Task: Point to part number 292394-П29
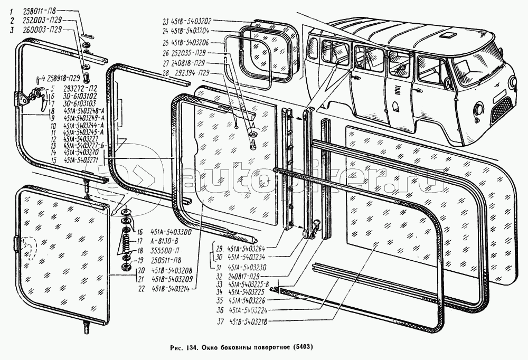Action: [187, 72]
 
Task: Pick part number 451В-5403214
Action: [156, 288]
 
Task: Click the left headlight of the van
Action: [480, 109]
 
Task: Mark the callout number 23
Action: [165, 22]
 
